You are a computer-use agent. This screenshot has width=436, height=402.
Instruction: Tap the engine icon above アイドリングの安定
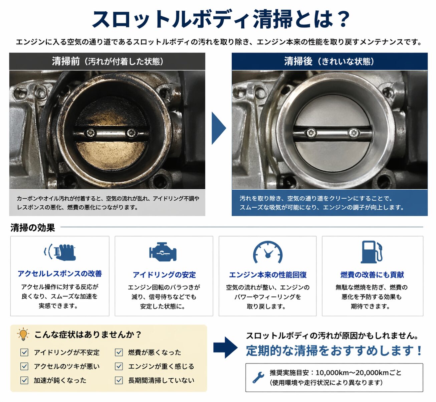pos(163,252)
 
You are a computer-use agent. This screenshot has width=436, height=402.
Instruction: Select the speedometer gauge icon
pos(268,252)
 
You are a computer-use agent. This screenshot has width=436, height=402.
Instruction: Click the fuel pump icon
pos(372,252)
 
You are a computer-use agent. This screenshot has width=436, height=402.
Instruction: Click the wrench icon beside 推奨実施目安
pos(258,377)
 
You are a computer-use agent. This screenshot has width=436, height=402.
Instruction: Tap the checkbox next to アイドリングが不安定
pos(24,352)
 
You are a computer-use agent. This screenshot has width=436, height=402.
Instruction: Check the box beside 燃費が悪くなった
pos(119,352)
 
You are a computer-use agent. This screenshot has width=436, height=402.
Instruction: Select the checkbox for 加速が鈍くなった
pos(24,380)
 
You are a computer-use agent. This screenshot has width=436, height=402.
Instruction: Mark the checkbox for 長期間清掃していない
pos(119,380)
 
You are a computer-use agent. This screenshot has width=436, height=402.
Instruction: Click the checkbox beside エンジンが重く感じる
pos(119,366)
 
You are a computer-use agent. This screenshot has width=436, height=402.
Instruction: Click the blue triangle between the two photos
pos(219,128)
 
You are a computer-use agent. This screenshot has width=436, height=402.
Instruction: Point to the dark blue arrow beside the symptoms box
pos(225,348)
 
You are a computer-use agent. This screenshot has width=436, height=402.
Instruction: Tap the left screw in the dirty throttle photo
pos(90,133)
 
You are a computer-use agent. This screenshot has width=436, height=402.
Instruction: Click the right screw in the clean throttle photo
pos(353,133)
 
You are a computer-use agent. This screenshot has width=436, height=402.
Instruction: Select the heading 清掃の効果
pos(32,228)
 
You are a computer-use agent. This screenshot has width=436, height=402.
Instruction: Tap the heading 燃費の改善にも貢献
pos(372,274)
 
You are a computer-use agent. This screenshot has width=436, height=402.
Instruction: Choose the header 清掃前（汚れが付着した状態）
pos(107,61)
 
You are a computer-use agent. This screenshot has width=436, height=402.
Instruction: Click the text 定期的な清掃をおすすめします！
pos(334,351)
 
